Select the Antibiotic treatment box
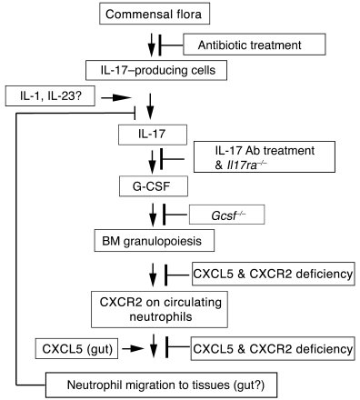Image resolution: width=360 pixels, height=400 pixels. (x=254, y=43)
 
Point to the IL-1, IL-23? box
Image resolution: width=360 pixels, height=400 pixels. (x=46, y=95)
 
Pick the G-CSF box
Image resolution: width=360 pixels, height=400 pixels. (x=147, y=188)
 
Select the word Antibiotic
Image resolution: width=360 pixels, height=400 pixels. (x=228, y=43)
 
